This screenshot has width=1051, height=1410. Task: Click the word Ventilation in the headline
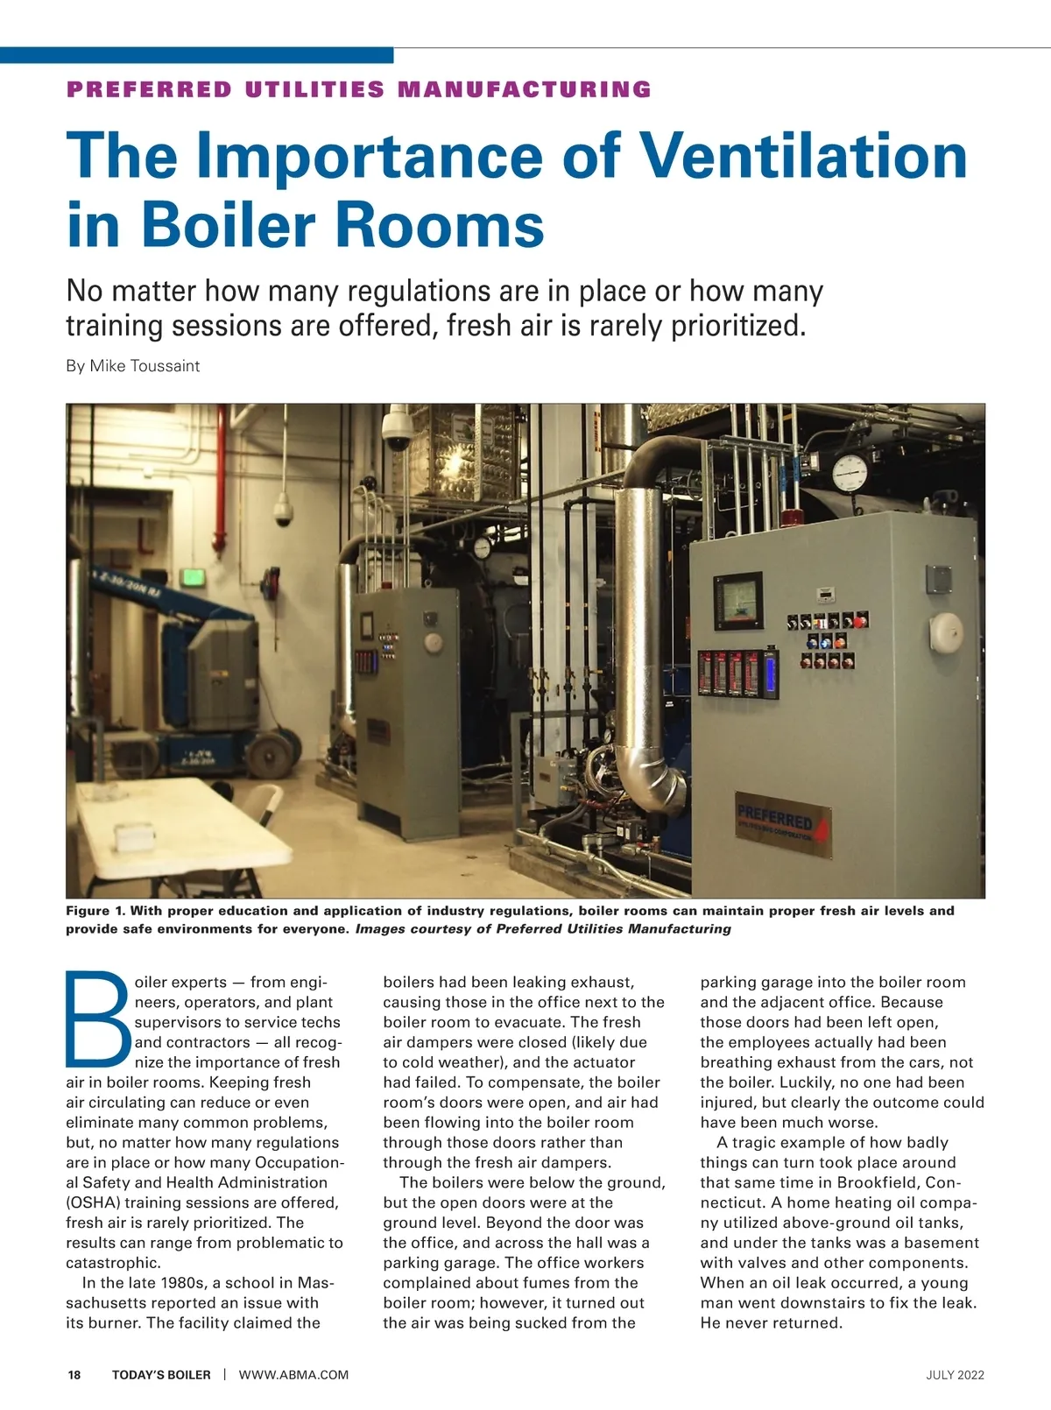[x=804, y=155]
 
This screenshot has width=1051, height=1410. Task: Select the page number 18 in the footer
[x=74, y=1375]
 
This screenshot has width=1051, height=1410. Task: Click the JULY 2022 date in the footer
[x=955, y=1375]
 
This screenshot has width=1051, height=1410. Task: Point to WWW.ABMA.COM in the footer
[x=293, y=1375]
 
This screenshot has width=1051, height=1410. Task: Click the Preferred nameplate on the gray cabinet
[x=781, y=824]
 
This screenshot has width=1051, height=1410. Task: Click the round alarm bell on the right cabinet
[x=947, y=628]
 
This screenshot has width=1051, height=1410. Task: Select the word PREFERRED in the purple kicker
[x=150, y=89]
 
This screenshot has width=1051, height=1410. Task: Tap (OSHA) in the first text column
[x=96, y=1202]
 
